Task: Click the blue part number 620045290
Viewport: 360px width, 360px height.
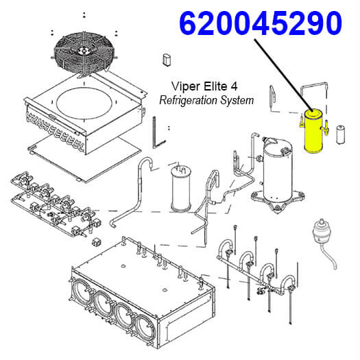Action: point(261,23)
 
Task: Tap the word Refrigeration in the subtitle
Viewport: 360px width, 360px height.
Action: point(189,100)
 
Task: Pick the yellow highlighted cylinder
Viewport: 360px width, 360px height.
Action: point(313,132)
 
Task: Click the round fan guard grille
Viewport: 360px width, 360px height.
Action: point(84,54)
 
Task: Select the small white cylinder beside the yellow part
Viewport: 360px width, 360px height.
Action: point(341,135)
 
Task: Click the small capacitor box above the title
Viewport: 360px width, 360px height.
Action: point(167,60)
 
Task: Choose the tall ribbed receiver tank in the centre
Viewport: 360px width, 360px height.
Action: point(181,188)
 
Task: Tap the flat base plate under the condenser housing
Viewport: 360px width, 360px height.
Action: point(84,158)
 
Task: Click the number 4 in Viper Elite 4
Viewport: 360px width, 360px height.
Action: point(234,86)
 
